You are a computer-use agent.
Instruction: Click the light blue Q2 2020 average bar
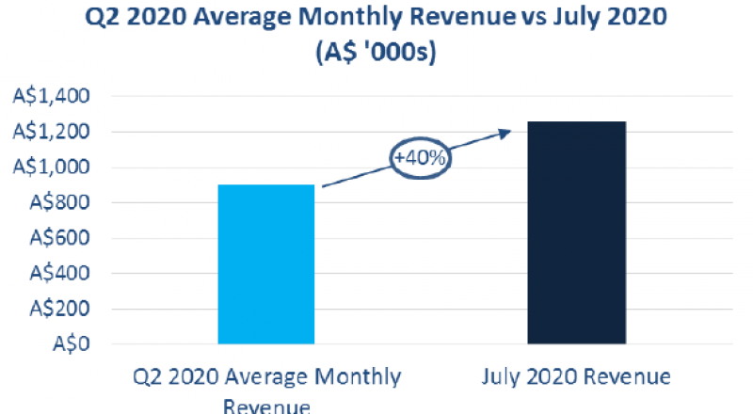265,264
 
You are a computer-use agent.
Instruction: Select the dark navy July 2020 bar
575,232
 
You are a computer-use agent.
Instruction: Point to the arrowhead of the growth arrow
504,133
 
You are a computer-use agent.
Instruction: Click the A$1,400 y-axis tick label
51,96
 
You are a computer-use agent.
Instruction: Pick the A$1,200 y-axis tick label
51,132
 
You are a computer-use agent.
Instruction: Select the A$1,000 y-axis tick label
51,167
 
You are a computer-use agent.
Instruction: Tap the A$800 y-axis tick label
57,202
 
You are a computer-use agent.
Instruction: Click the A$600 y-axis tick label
57,238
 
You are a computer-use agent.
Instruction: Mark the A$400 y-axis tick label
57,274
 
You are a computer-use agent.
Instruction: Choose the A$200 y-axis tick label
57,309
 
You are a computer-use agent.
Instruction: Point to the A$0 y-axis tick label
70,344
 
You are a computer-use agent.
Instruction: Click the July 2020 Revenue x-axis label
575,377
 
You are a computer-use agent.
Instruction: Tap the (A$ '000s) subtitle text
376,55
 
